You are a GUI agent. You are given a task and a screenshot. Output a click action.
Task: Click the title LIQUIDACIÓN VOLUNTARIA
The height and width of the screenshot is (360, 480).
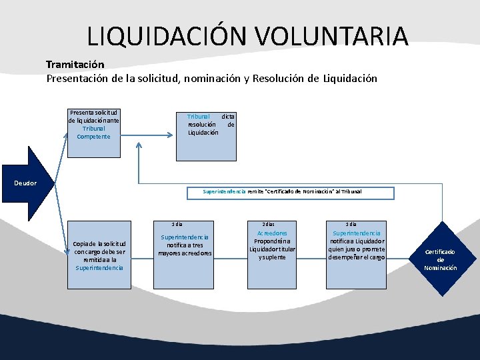click(x=247, y=36)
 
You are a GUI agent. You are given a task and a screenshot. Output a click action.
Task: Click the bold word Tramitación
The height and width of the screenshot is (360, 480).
click(x=75, y=65)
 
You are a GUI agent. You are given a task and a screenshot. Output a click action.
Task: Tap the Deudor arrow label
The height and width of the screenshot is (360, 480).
click(x=26, y=183)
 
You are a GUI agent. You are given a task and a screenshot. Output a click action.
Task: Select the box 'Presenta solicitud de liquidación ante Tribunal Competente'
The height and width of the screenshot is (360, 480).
click(x=93, y=133)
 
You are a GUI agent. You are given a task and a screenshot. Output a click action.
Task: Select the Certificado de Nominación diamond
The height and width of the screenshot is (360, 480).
click(x=441, y=259)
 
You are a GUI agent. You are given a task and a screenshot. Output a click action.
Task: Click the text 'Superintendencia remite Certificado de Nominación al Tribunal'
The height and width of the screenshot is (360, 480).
click(x=281, y=191)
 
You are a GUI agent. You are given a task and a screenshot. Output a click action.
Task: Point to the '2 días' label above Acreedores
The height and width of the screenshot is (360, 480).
click(x=269, y=225)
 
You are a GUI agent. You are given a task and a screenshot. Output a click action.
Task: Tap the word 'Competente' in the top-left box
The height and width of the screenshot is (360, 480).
click(x=93, y=137)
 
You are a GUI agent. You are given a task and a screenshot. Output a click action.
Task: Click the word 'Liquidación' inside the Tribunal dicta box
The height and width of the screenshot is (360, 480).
click(x=203, y=132)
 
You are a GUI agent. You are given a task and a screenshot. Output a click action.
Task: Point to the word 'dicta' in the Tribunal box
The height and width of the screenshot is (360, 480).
click(x=228, y=116)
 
